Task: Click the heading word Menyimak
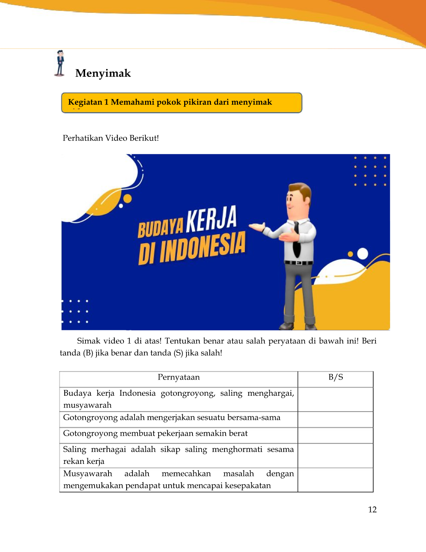point(103,73)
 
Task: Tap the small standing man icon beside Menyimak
point(60,64)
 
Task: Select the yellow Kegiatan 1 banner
point(182,103)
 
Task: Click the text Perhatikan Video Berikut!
point(111,138)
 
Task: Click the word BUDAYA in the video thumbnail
point(160,227)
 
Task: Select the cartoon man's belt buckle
point(298,263)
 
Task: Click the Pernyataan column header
point(179,377)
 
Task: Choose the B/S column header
point(336,377)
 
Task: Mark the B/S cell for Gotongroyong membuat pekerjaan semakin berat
point(335,435)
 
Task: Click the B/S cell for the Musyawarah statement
point(335,480)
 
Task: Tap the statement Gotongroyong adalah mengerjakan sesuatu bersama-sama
point(172,418)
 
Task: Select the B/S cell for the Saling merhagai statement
point(335,456)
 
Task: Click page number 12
point(372,510)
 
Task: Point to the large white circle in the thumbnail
point(362,254)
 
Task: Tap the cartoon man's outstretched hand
point(257,227)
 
